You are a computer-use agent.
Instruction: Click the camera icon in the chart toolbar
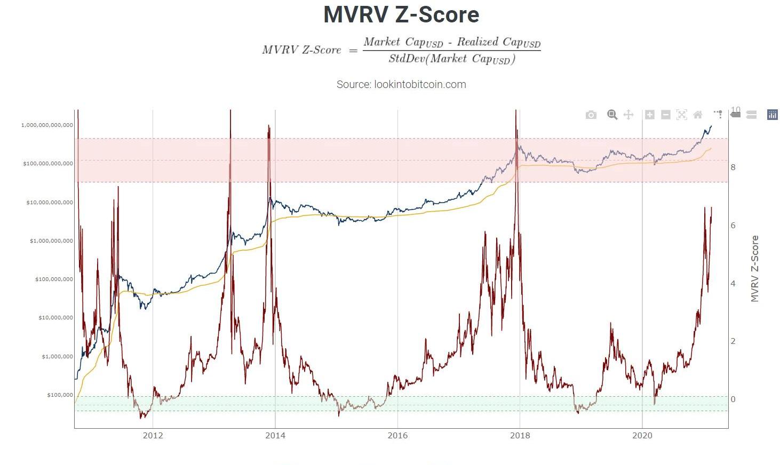[591, 115]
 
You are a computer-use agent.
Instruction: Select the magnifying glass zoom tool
[612, 115]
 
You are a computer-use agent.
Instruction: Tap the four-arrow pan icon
[628, 115]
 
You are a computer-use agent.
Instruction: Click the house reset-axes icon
[697, 115]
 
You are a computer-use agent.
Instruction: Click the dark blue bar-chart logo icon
[772, 115]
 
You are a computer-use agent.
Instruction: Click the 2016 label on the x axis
[397, 436]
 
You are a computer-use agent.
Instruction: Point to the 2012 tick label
[153, 436]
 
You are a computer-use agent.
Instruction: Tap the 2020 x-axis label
[642, 436]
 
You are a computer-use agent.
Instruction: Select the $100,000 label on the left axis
[60, 395]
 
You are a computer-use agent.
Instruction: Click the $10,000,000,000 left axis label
[50, 202]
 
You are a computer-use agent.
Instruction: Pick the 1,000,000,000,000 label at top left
[47, 125]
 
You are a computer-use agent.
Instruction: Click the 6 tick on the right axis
[733, 226]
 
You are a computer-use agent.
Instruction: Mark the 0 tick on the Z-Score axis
[733, 399]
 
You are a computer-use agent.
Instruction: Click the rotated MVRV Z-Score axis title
[754, 269]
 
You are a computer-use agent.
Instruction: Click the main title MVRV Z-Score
[401, 14]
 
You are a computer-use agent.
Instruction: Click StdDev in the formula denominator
[407, 59]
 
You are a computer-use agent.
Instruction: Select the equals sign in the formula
[353, 51]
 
